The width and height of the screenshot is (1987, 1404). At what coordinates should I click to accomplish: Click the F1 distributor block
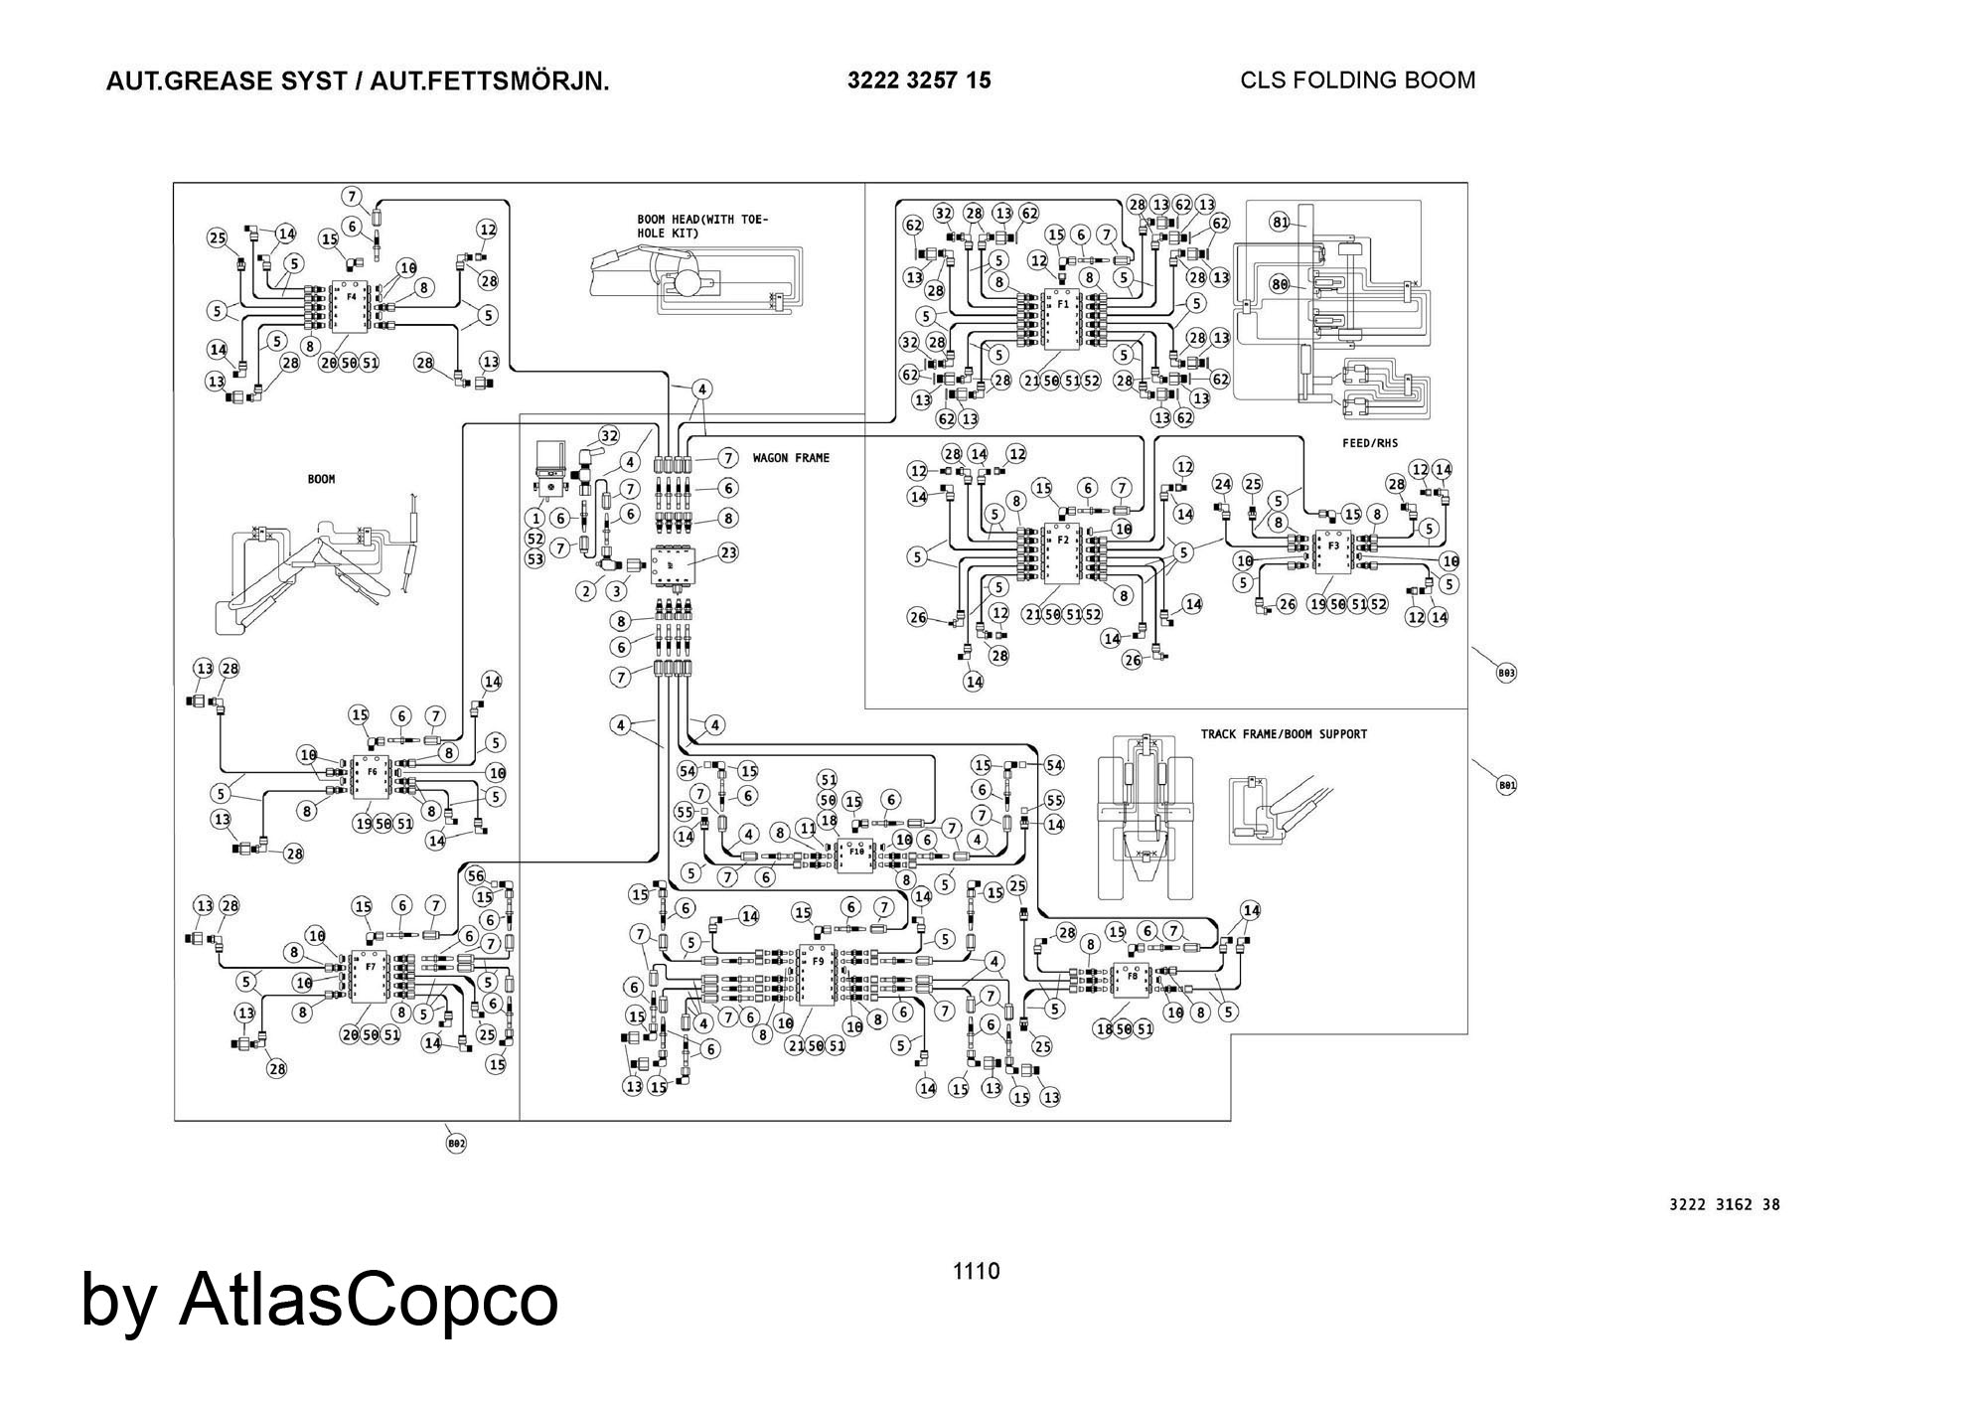point(1062,321)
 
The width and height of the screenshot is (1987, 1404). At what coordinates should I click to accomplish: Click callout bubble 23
point(729,552)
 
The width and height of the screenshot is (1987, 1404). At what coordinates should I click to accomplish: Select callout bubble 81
point(1281,223)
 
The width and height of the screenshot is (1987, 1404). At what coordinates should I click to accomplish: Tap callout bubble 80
point(1280,284)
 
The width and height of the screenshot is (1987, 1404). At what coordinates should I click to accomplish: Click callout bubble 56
point(476,875)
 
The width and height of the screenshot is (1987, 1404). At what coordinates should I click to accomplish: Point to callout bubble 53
point(535,559)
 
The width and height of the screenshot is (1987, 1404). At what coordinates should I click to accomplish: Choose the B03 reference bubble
point(1506,673)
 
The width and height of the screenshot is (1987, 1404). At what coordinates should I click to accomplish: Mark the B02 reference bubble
point(456,1144)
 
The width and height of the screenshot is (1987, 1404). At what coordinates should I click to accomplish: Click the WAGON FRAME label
point(791,458)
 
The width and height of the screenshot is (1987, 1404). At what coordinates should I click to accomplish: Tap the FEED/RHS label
point(1370,443)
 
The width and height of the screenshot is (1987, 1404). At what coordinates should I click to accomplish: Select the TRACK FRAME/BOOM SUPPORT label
point(1284,734)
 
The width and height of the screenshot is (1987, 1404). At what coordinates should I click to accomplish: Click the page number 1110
point(977,1271)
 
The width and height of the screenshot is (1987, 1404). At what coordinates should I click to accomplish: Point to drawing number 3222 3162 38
point(1725,1204)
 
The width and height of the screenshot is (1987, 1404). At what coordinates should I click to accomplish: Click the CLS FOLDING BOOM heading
point(1357,80)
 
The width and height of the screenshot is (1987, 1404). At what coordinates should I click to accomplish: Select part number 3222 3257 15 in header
point(919,80)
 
